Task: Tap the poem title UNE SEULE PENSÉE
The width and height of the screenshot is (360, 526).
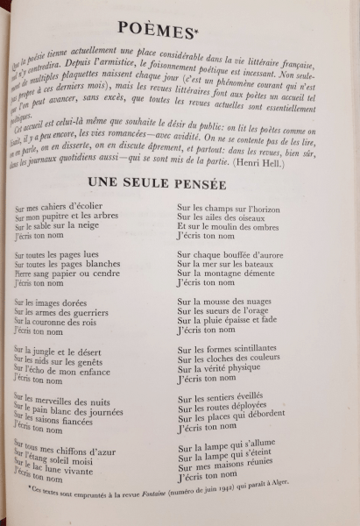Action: coord(157,184)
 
